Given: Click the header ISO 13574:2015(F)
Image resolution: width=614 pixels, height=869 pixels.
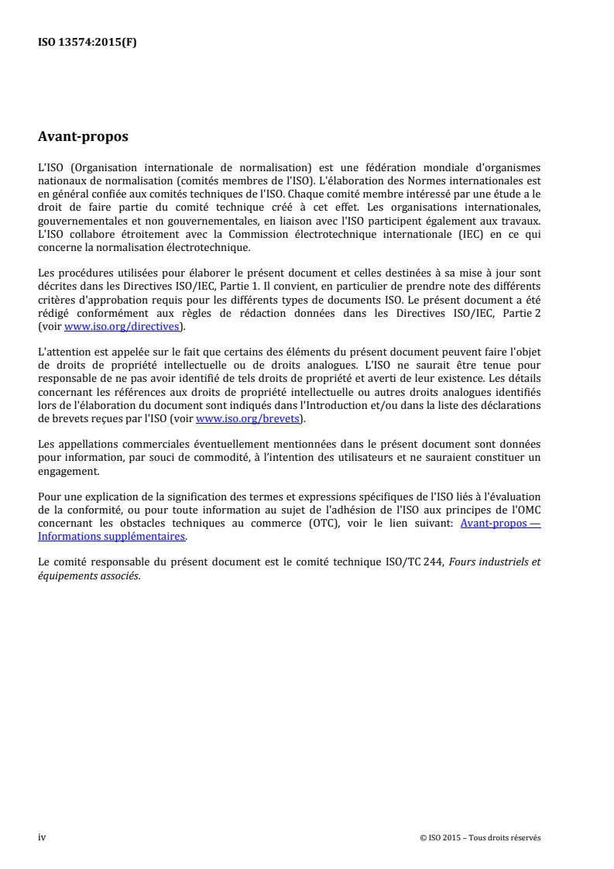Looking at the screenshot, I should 87,43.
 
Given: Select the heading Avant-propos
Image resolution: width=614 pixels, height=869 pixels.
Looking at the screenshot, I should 83,137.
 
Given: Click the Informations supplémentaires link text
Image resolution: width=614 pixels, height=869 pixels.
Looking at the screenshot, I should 111,535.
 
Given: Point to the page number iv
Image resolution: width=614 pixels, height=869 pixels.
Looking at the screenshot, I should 42,837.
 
